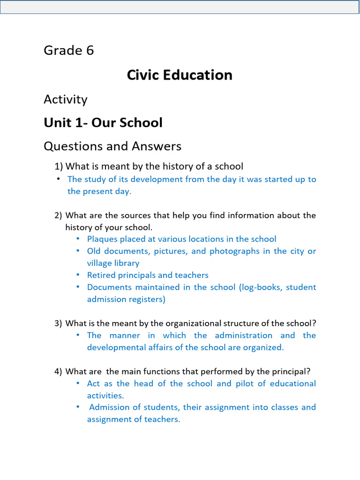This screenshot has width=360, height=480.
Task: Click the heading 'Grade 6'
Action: [x=69, y=51]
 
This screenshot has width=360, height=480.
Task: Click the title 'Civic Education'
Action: [x=180, y=75]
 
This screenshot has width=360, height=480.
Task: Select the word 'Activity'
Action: [x=66, y=99]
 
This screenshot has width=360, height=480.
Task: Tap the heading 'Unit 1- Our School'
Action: [x=103, y=123]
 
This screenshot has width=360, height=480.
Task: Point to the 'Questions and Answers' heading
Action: [x=112, y=146]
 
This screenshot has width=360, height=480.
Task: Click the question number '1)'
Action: [x=59, y=166]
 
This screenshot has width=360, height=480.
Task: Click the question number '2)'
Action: [x=58, y=216]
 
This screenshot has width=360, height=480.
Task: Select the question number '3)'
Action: [x=58, y=323]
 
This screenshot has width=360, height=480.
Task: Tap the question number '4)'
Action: [x=58, y=372]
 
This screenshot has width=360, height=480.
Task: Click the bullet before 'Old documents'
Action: [x=78, y=251]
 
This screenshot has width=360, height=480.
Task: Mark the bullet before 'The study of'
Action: [x=58, y=179]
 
